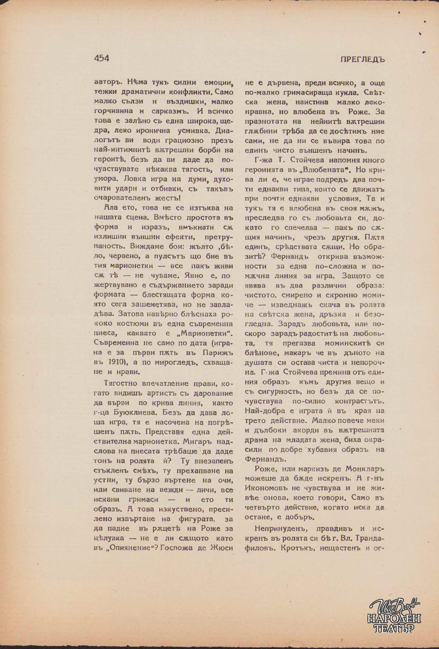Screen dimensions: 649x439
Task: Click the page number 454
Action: [x=101, y=58]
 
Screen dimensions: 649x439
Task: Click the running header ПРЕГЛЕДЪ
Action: [x=363, y=59]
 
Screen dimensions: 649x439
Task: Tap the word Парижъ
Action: [x=218, y=353]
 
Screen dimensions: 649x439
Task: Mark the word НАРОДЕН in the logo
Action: [x=394, y=618]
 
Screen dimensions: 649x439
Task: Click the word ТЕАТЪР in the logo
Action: [x=394, y=628]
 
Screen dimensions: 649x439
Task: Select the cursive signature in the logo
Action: [x=394, y=606]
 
